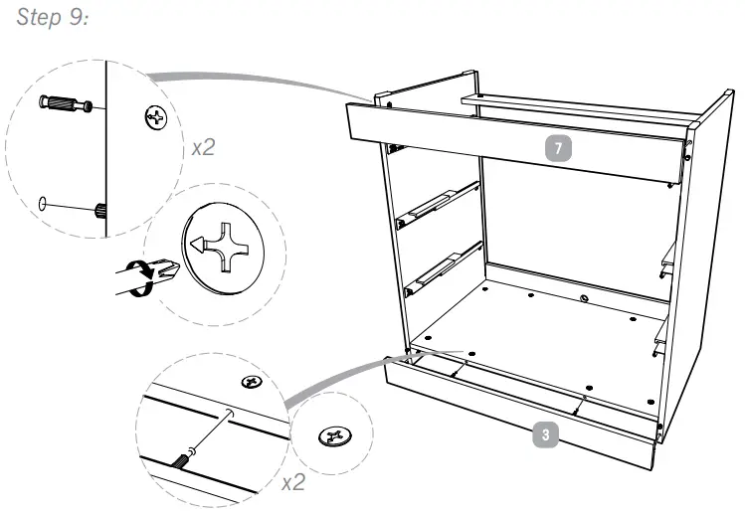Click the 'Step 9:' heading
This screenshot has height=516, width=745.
point(49,21)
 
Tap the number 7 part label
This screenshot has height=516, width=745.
point(559,148)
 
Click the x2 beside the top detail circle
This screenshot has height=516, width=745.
point(203,147)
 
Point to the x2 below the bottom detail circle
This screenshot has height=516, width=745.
point(291,483)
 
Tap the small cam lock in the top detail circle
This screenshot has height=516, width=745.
point(156,117)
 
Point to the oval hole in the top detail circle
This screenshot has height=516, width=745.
point(42,204)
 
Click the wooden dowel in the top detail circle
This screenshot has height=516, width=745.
point(99,210)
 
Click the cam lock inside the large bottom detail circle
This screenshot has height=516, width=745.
point(253,382)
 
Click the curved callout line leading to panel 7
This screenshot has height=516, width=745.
point(259,78)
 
